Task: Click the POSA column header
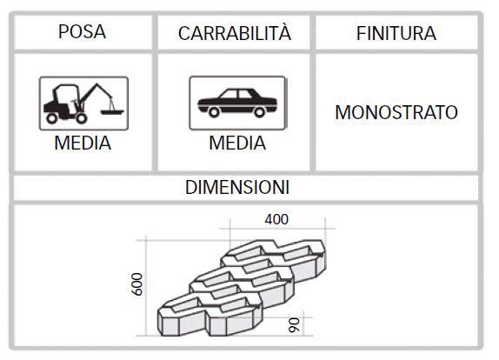tap(82, 31)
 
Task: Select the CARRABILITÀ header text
tap(235, 33)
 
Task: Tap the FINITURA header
tap(396, 33)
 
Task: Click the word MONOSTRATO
tap(396, 112)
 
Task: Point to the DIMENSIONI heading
tap(237, 187)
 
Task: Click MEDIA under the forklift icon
tap(83, 143)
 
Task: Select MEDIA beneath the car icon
tap(237, 143)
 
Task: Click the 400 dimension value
tap(276, 219)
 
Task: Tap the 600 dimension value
tap(137, 284)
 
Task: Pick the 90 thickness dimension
tap(294, 325)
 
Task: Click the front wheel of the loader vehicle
tap(81, 118)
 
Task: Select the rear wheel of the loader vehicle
tap(51, 118)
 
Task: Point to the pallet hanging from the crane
tap(112, 111)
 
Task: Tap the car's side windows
tap(239, 94)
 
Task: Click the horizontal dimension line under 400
tap(277, 228)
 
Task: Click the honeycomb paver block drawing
tap(242, 288)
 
